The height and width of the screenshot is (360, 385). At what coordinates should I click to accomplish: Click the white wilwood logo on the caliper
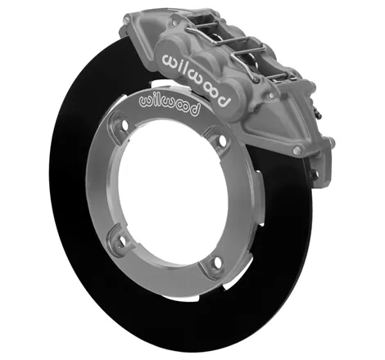196,79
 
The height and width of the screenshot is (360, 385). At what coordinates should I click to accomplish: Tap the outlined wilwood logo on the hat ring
169,105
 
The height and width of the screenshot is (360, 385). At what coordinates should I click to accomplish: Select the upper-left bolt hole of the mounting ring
125,125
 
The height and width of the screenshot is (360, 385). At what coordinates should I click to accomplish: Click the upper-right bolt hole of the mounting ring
222,140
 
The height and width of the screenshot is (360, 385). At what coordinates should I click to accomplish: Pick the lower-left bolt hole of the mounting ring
123,240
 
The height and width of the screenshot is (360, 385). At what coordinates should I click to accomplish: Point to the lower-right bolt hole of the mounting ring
217,262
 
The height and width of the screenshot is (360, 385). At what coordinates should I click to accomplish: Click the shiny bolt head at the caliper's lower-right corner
297,150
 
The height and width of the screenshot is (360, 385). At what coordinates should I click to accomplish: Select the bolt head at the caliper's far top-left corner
126,20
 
